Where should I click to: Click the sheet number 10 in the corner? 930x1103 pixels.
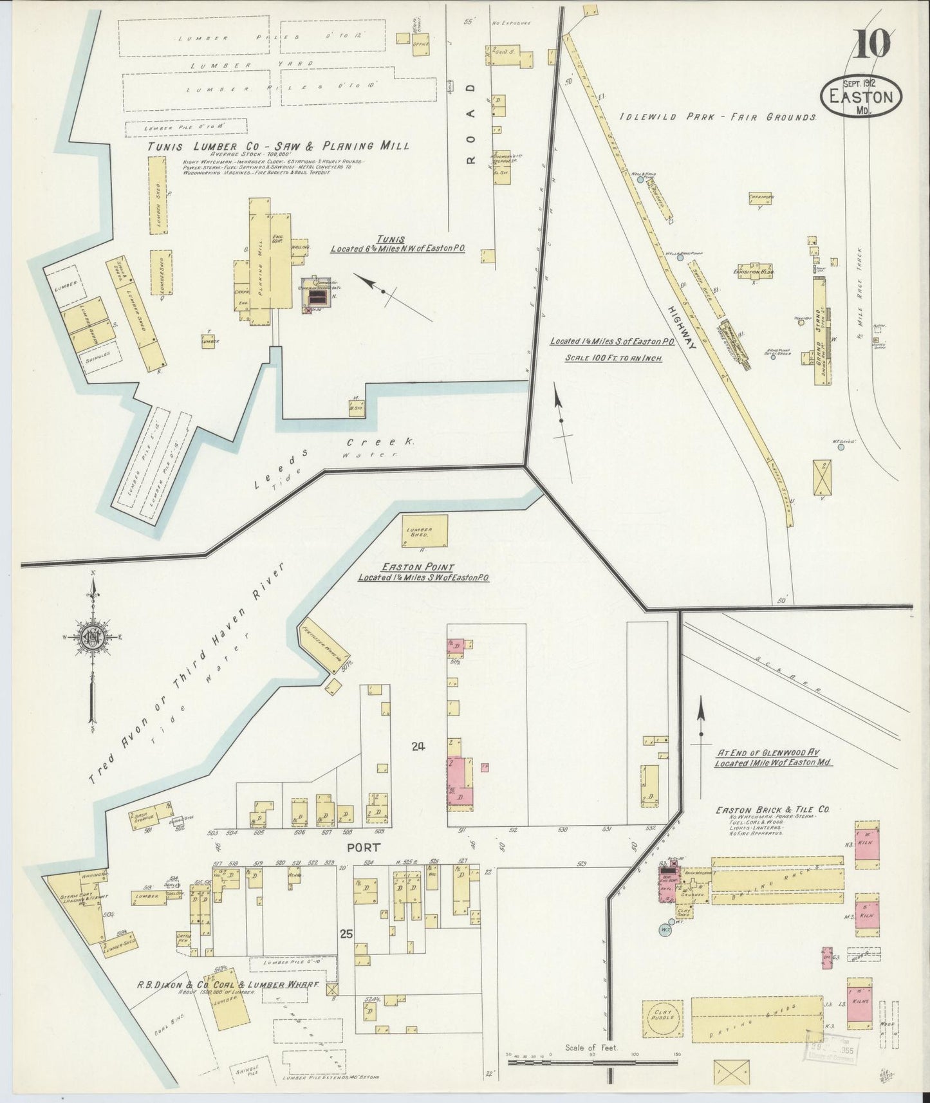pyautogui.click(x=873, y=44)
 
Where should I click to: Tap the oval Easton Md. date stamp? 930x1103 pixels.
pyautogui.click(x=861, y=97)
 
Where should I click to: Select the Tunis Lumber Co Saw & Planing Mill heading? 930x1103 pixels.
pyautogui.click(x=278, y=146)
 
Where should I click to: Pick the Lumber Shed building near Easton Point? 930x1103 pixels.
pyautogui.click(x=424, y=530)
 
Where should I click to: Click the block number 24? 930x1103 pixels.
pyautogui.click(x=419, y=746)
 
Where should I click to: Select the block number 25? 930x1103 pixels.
pyautogui.click(x=346, y=935)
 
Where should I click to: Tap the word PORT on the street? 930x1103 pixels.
pyautogui.click(x=364, y=848)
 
